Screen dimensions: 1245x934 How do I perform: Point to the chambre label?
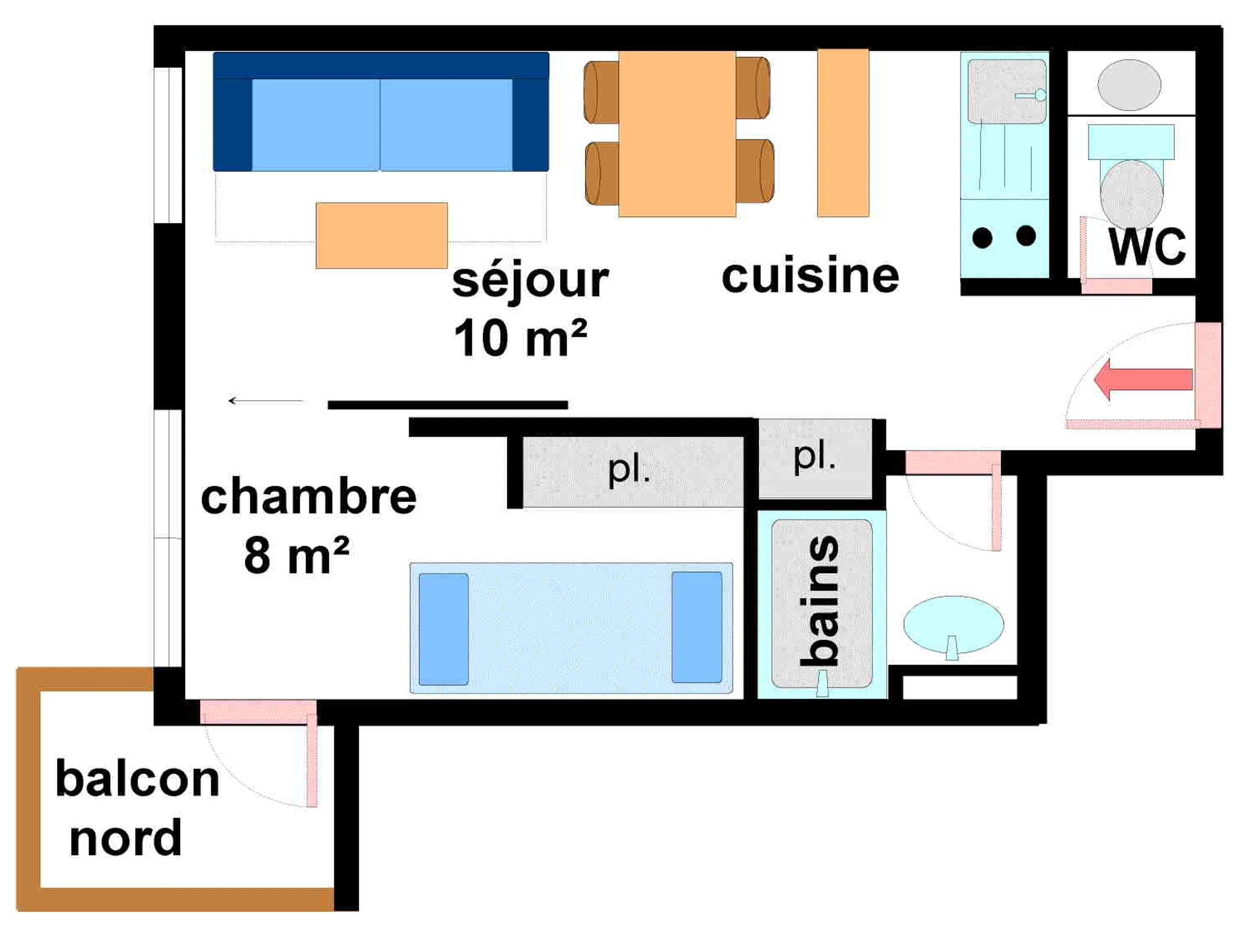pyautogui.click(x=309, y=496)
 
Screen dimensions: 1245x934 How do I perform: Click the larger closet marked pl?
pyautogui.click(x=633, y=472)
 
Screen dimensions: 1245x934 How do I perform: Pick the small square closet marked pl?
pyautogui.click(x=815, y=458)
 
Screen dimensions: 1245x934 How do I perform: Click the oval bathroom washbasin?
pyautogui.click(x=953, y=625)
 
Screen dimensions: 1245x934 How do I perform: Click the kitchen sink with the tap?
pyautogui.click(x=1006, y=91)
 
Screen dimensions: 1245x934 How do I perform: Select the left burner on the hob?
pyautogui.click(x=982, y=238)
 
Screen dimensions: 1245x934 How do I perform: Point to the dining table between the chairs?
pyautogui.click(x=677, y=134)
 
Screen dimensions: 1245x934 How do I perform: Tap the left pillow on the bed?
pyautogui.click(x=444, y=629)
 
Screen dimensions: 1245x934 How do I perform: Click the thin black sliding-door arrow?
pyautogui.click(x=266, y=401)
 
